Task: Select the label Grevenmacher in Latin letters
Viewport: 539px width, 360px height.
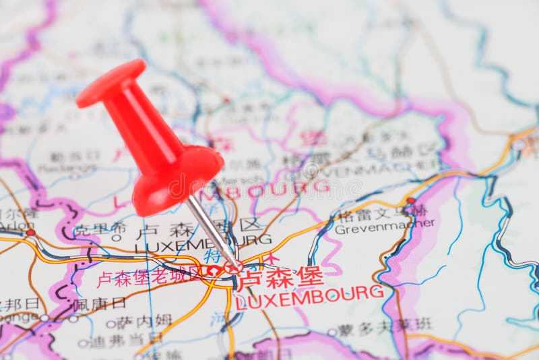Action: tap(385, 228)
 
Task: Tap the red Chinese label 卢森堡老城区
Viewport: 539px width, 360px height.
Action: tap(149, 276)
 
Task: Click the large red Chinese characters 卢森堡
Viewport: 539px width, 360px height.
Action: tap(281, 276)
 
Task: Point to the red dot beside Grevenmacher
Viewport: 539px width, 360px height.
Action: tap(410, 201)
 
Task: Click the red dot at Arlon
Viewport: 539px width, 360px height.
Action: tap(30, 233)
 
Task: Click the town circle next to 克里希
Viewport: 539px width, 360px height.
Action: tap(117, 237)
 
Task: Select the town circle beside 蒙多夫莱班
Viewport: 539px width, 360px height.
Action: tap(331, 332)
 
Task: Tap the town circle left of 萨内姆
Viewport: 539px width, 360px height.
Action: tap(110, 324)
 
